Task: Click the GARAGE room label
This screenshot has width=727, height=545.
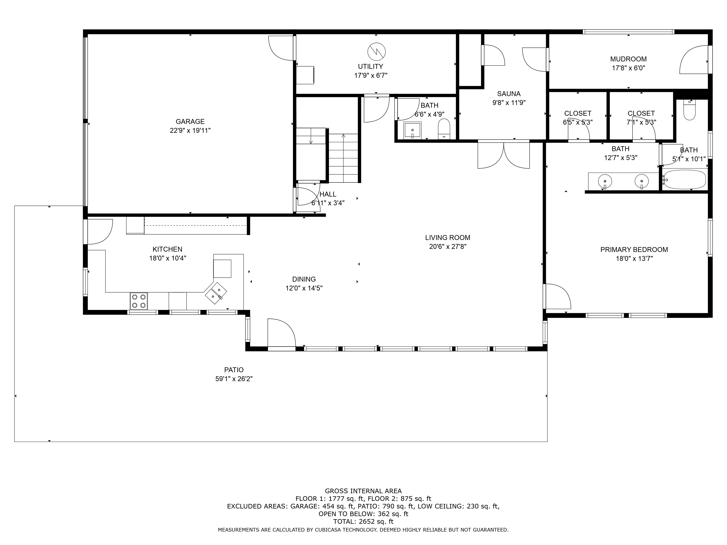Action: (190, 122)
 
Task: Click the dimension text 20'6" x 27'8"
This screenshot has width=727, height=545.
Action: (448, 246)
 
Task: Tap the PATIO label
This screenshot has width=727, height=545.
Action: (234, 370)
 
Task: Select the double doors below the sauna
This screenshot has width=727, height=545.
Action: (503, 154)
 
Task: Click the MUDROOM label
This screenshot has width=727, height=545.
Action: (628, 59)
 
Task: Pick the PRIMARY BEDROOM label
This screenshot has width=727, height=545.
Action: (634, 250)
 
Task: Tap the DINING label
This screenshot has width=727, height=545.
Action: (304, 279)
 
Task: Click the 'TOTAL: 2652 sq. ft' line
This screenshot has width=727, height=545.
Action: (363, 521)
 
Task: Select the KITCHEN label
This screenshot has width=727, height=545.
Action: (167, 249)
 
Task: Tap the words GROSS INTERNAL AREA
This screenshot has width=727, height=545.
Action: (363, 491)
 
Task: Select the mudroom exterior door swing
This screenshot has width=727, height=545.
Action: (694, 59)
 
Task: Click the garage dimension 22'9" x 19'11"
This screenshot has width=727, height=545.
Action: (190, 130)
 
